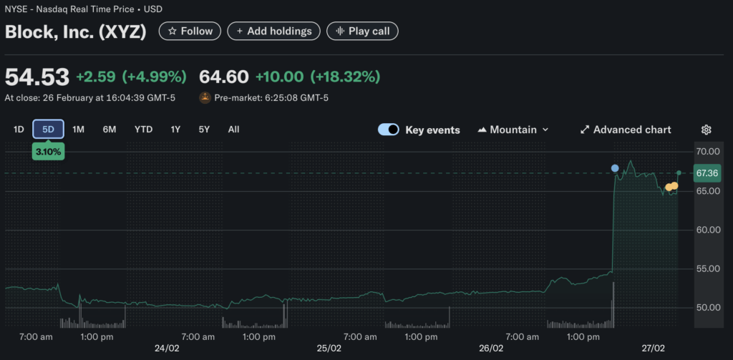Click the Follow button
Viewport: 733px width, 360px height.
point(190,31)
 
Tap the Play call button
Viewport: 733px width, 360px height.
point(362,31)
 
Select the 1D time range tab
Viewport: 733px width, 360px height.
point(19,130)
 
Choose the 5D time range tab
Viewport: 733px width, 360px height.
point(49,130)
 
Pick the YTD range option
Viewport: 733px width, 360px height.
point(143,130)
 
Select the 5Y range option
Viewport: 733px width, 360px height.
point(204,130)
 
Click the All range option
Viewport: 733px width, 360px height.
point(233,130)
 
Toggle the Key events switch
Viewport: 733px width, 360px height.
point(389,130)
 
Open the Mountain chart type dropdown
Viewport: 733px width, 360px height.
point(513,130)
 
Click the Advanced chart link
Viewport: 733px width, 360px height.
point(626,130)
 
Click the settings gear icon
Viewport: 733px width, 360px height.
point(706,130)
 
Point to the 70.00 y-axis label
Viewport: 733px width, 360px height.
point(707,152)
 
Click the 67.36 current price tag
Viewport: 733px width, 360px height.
point(707,173)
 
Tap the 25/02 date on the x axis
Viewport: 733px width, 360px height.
point(329,348)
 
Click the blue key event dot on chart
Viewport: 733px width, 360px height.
point(615,168)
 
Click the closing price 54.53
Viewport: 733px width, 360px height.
point(37,77)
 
